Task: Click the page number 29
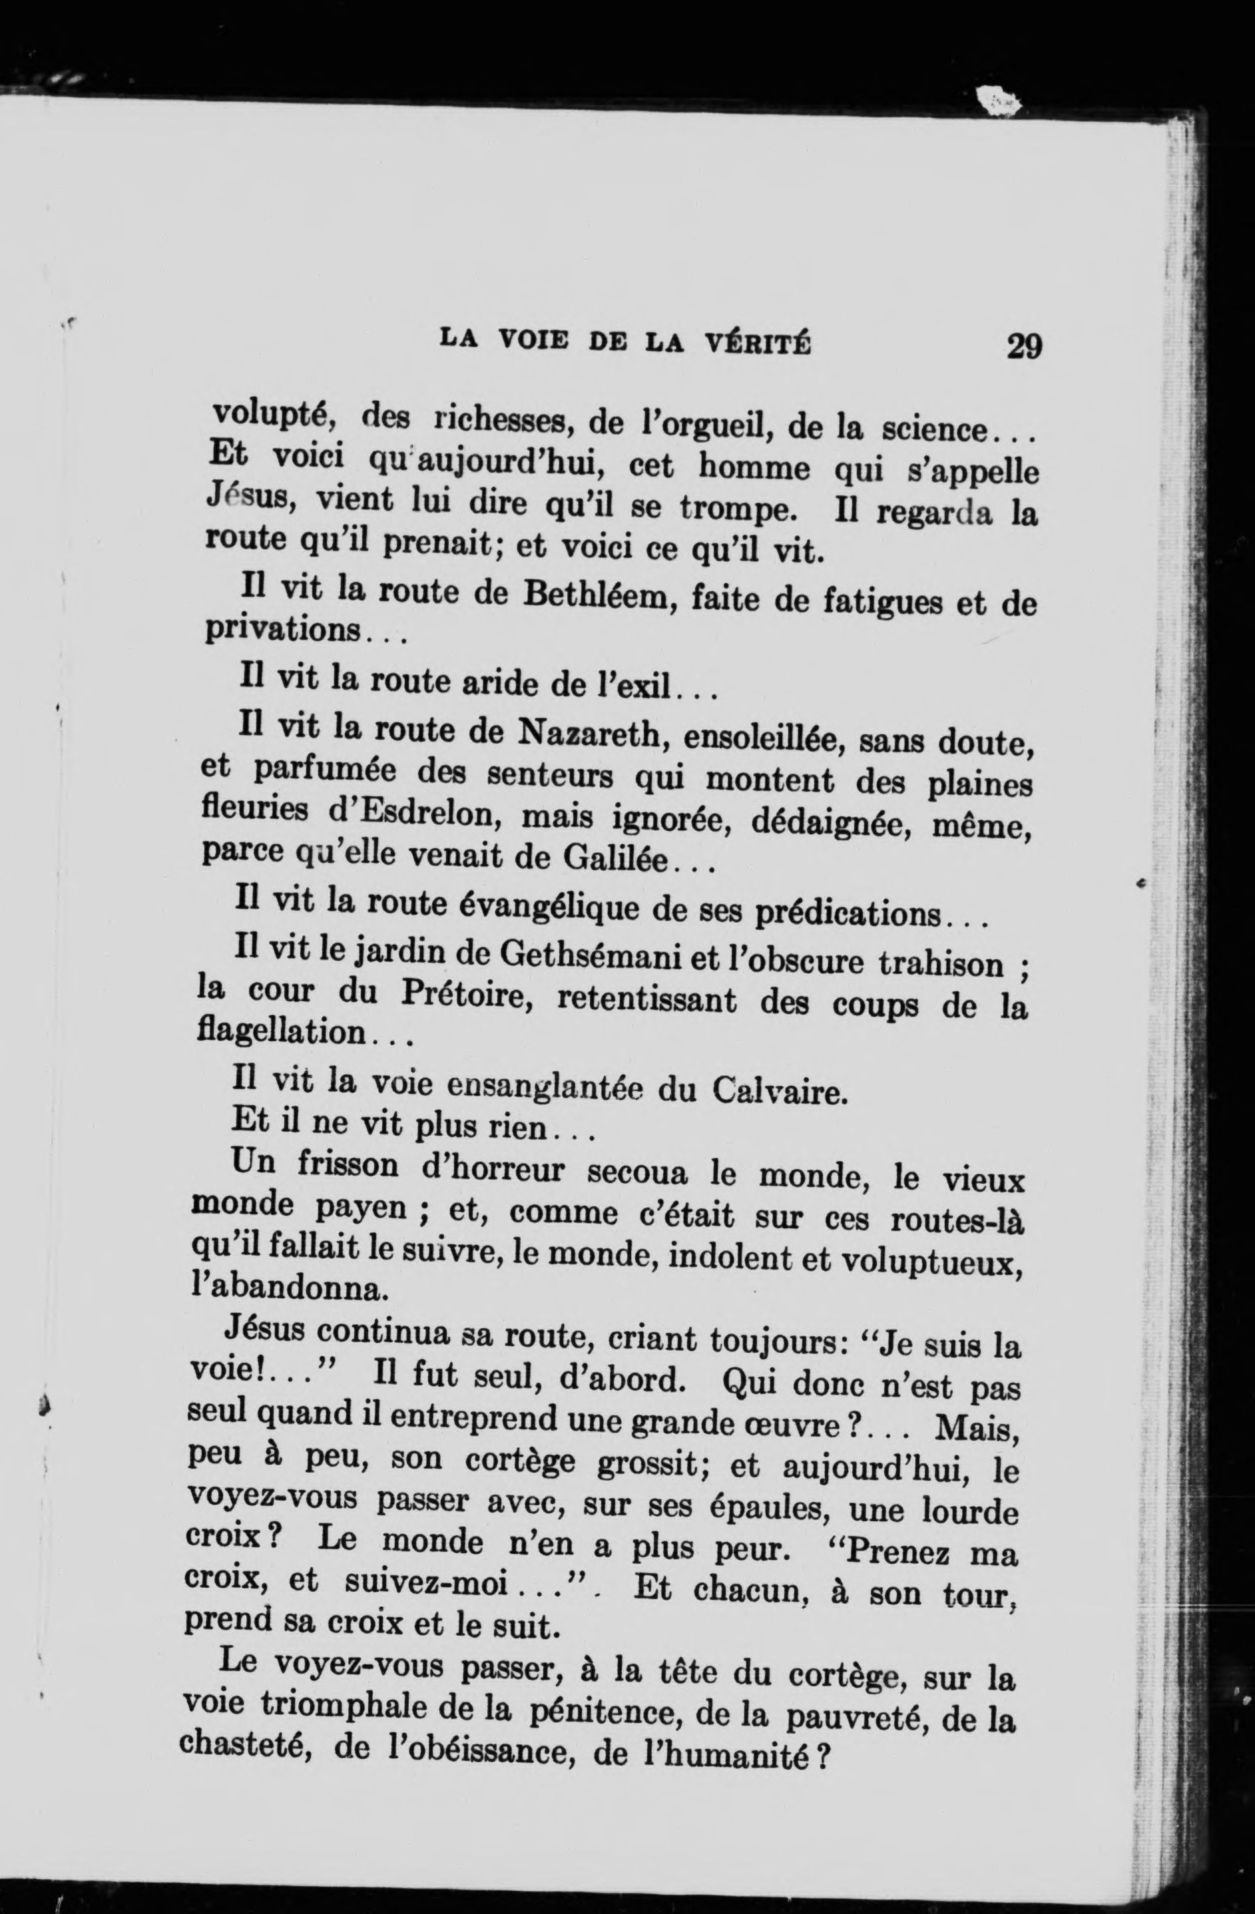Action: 1023,347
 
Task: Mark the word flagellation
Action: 282,1032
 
